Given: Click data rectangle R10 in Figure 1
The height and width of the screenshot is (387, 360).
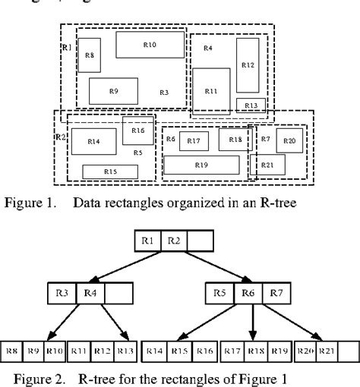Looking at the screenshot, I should click(150, 45).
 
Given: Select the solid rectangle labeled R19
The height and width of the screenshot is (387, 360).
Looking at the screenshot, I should click(201, 165).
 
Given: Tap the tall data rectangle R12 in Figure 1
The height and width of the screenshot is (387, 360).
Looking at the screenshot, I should click(248, 65).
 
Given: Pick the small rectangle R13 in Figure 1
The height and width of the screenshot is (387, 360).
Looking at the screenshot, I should click(251, 105).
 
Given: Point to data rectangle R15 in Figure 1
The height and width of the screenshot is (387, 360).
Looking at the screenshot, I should click(110, 171).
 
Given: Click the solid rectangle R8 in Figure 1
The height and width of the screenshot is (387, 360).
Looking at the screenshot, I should click(90, 55).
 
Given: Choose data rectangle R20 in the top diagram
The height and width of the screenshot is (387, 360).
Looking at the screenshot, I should click(289, 140).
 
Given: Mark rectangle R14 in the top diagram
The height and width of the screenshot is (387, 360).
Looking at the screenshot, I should click(94, 142).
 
